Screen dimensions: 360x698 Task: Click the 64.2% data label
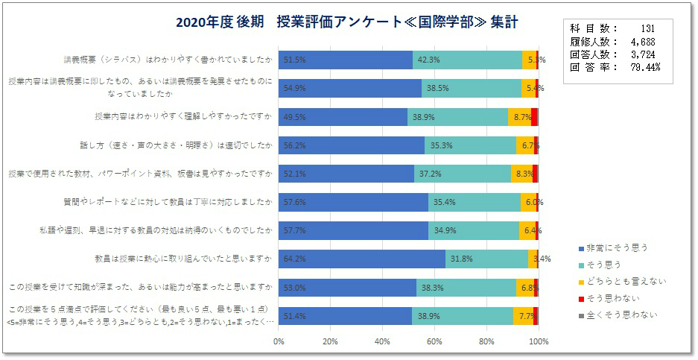[x=294, y=259]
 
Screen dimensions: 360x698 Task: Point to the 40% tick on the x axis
[x=383, y=342]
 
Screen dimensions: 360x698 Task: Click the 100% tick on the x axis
[x=538, y=342]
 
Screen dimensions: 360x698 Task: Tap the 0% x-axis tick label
[x=279, y=342]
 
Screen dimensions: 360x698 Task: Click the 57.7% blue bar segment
[x=355, y=230]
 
